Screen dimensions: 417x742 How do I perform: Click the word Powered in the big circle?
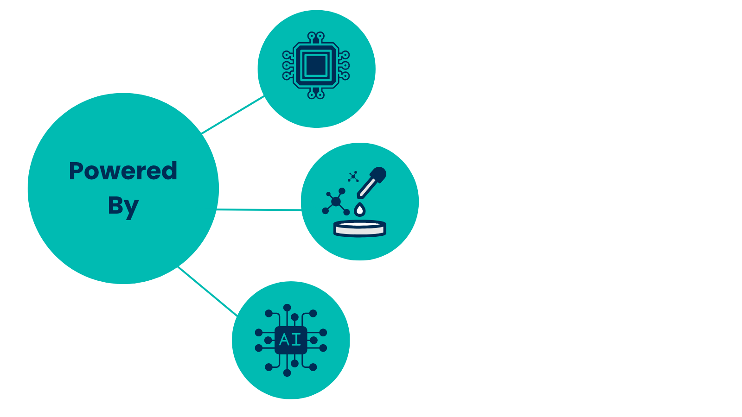pos(123,171)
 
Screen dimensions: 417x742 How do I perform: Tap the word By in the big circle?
pos(123,206)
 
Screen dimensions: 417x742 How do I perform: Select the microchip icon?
pos(316,65)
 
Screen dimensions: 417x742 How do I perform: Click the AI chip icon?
pos(291,340)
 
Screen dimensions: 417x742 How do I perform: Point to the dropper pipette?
pos(371,183)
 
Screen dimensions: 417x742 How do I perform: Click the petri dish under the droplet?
pos(360,228)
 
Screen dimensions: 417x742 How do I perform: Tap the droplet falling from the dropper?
pos(359,210)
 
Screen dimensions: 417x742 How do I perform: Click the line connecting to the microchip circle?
pos(233,114)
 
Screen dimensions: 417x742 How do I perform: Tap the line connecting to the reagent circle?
pos(259,210)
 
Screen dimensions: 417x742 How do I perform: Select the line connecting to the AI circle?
pos(207,291)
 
